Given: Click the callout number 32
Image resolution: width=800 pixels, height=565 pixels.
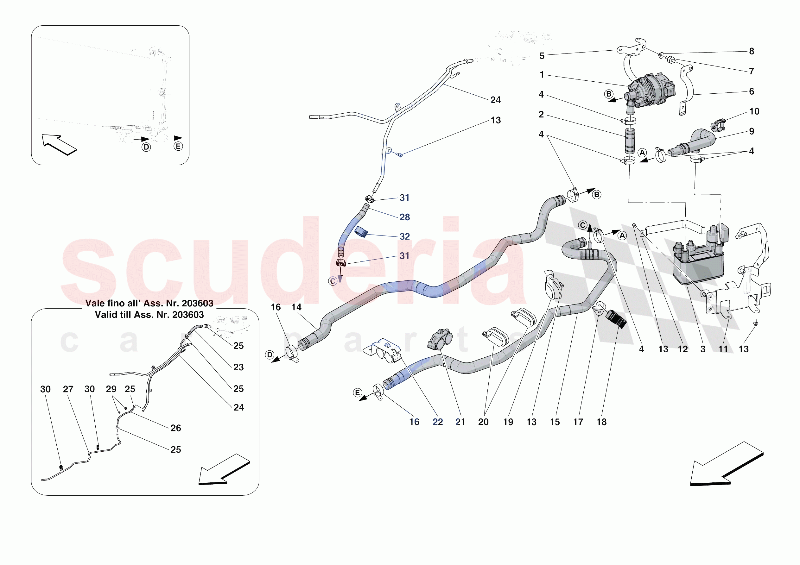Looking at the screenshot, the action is (404, 236).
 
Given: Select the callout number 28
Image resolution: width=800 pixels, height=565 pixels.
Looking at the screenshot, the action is (404, 217).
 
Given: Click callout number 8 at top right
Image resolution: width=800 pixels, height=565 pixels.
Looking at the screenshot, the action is (752, 51).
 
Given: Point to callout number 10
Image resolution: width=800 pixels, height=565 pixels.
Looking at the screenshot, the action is (754, 111).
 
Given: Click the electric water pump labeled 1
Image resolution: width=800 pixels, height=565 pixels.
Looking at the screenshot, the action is (650, 91).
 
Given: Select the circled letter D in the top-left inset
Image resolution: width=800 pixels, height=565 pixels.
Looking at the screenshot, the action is (146, 147).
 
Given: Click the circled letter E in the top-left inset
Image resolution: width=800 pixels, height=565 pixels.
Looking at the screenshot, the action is (178, 146).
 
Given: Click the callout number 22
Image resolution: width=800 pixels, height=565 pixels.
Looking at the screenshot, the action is (438, 422).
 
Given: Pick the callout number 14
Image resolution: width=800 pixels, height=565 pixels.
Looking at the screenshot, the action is (296, 307).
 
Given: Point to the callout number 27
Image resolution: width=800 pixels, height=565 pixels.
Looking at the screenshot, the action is (68, 389).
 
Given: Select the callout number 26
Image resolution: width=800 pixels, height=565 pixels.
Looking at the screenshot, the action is (175, 428).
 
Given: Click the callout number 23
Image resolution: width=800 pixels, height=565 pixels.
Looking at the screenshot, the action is (238, 367).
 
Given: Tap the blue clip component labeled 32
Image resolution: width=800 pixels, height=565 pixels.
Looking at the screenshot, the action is (361, 231).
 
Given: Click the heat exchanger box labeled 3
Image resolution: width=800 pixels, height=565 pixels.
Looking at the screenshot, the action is (699, 265).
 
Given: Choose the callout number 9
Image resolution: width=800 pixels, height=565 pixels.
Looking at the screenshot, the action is (752, 131).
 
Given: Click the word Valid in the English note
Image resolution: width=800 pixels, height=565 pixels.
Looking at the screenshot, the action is (105, 315).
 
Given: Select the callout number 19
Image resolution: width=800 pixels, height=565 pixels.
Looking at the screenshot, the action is (508, 422).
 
